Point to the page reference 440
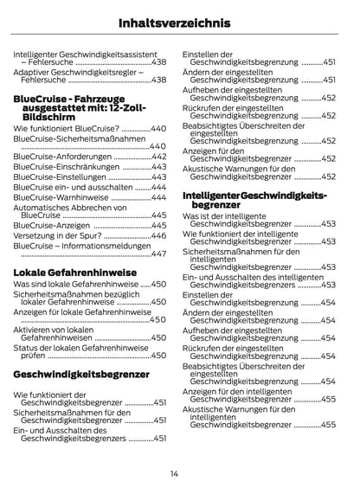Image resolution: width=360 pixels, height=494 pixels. coord(157,128)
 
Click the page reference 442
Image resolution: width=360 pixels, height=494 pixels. coord(158,156)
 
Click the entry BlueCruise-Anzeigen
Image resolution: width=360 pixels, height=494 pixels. coord(51,225)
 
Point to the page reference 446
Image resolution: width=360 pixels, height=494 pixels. coord(158,235)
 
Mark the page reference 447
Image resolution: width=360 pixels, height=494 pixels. coord(158,254)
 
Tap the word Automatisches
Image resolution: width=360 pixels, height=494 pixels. coord(42,208)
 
